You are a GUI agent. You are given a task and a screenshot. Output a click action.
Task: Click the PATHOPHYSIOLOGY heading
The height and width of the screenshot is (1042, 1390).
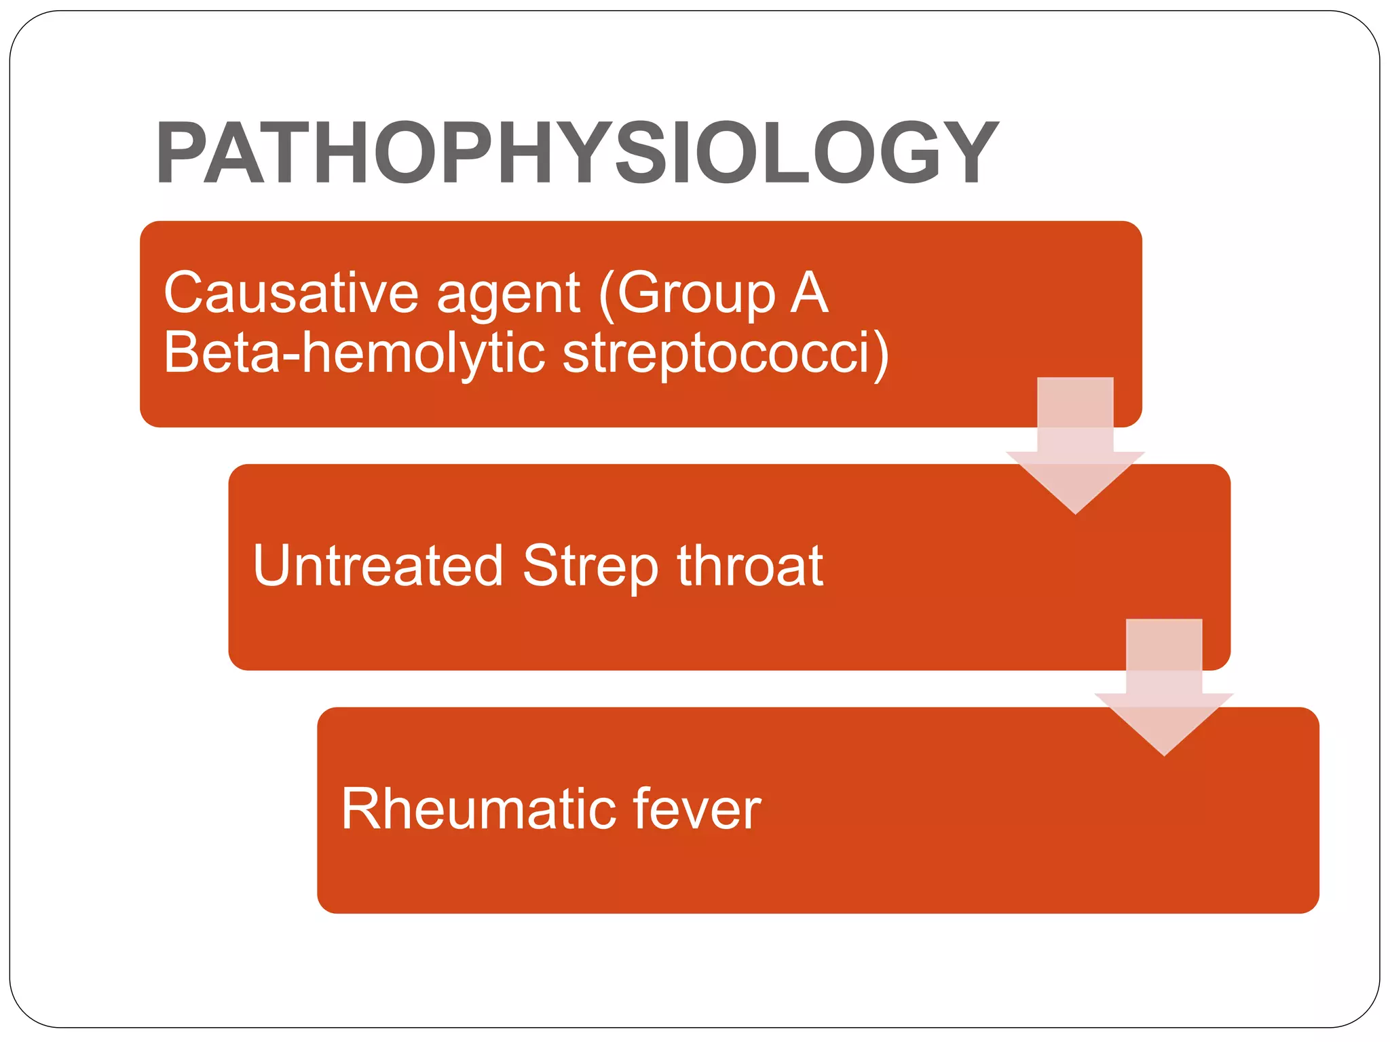coord(577,153)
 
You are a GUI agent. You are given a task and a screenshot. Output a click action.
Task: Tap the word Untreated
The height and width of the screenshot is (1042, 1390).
coord(377,566)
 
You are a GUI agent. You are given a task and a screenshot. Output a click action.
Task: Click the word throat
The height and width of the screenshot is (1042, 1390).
coord(750,566)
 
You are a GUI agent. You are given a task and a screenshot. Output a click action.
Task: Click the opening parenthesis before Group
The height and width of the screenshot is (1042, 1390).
coord(606,296)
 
